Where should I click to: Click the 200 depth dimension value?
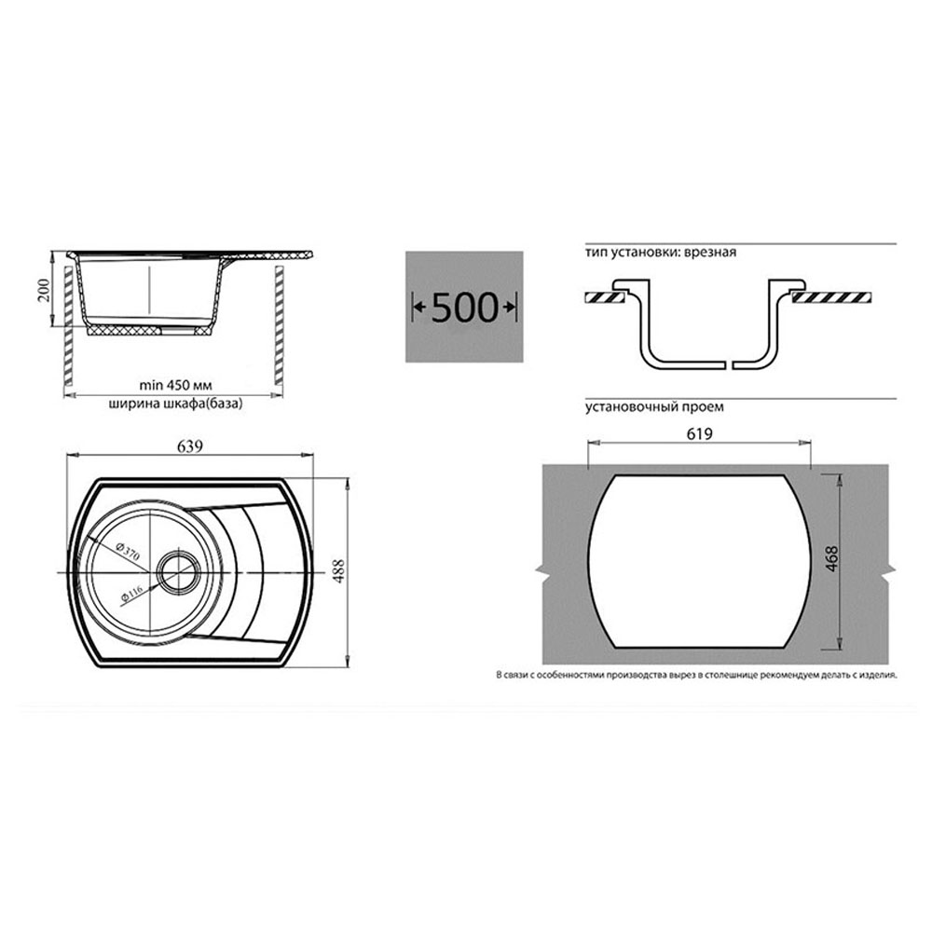[45, 290]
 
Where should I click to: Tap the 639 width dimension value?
[189, 445]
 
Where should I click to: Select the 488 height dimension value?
[338, 571]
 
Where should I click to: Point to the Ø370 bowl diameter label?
[128, 552]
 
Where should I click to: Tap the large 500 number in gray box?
[464, 308]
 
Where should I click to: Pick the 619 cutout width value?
[699, 434]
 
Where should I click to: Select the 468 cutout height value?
[831, 558]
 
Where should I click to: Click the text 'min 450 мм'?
[175, 385]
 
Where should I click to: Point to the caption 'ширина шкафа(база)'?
[175, 404]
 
